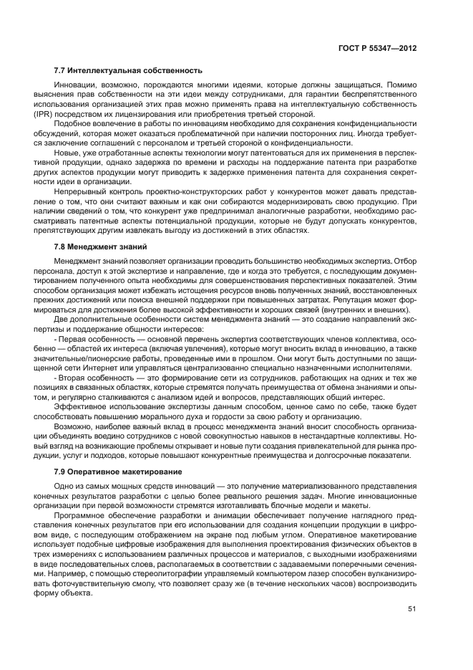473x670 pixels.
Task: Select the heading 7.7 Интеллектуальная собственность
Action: coord(128,70)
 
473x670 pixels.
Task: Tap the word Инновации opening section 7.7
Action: coord(75,85)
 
